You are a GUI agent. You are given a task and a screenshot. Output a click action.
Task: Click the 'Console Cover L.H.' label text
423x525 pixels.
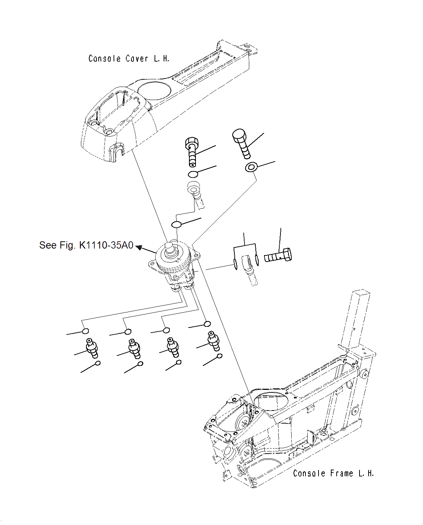pos(129,58)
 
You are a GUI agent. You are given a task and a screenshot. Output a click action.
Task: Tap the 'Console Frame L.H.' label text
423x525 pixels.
pos(333,473)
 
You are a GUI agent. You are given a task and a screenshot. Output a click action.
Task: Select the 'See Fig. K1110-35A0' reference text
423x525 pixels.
pos(86,245)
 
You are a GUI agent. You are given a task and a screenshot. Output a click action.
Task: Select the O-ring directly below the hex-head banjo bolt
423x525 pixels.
pos(193,174)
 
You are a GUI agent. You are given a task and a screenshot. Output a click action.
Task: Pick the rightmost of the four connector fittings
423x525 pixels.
pos(213,340)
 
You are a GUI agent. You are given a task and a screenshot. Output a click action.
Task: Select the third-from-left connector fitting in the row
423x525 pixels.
pos(172,346)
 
